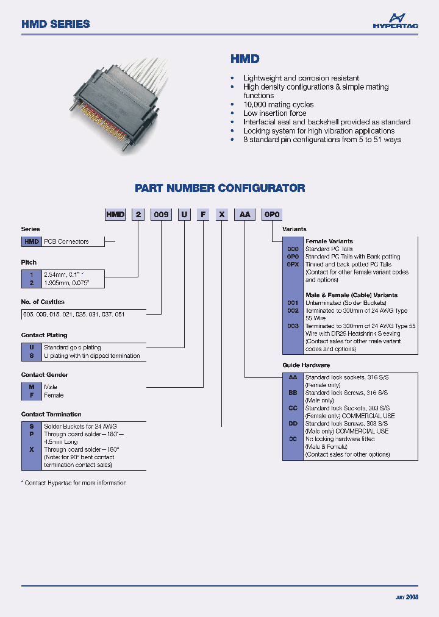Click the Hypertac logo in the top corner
pos(395,21)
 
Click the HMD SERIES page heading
pos(55,24)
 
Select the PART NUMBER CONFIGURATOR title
pos(220,188)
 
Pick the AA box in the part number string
pos(245,214)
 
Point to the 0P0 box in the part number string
pos(271,214)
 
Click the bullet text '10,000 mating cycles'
pos(278,105)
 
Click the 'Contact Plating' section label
pos(44,335)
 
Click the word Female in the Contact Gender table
pos(54,395)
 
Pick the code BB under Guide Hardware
pos(293,393)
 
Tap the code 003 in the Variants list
pos(293,326)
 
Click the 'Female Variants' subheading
pos(329,241)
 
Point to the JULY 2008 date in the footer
pos(407,597)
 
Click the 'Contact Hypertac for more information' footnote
pos(74,483)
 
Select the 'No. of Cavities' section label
pos(43,302)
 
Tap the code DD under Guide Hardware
pos(293,424)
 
